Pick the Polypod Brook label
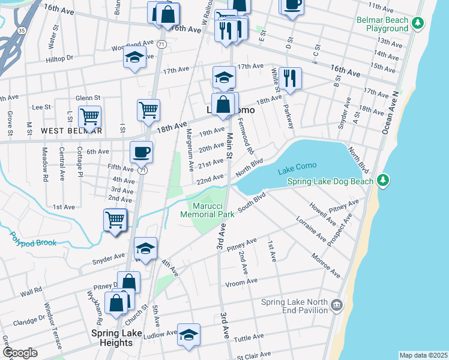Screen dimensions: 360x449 pos(33,240)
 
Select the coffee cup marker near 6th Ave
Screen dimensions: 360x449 pos(141,151)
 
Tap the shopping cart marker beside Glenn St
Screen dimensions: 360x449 pos(89,116)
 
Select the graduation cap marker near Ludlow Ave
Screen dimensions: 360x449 pos(188,334)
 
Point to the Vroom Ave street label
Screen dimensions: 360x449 pos(241,281)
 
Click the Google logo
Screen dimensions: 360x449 pos(20,352)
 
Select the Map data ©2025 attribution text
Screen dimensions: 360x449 pos(423,355)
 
